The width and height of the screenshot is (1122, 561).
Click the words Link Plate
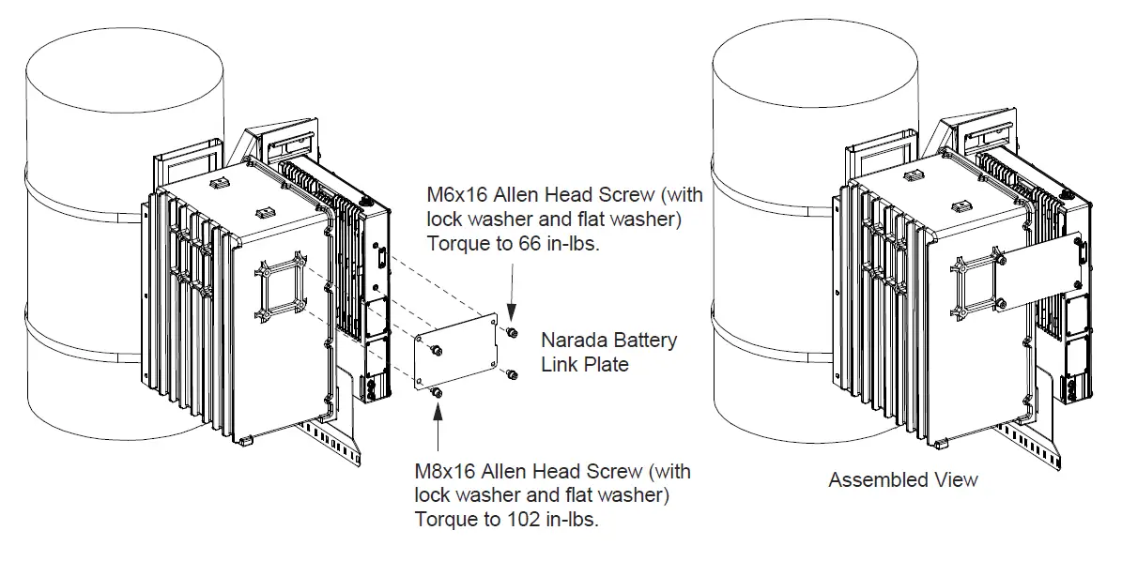tap(585, 364)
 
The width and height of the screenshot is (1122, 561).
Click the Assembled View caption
tap(902, 480)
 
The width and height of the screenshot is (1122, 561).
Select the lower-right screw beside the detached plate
tap(511, 375)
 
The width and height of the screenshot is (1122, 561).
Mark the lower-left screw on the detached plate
tap(436, 391)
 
